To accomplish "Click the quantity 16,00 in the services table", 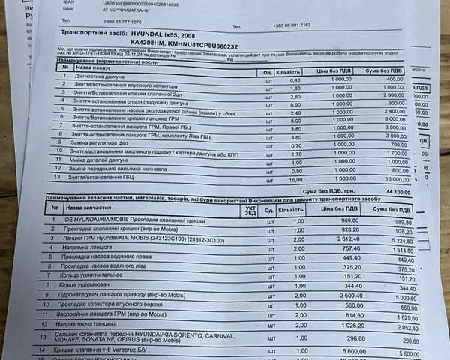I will tap(296, 180).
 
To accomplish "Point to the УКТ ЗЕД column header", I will tap(250, 211).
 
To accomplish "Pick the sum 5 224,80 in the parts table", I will tap(401, 241).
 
